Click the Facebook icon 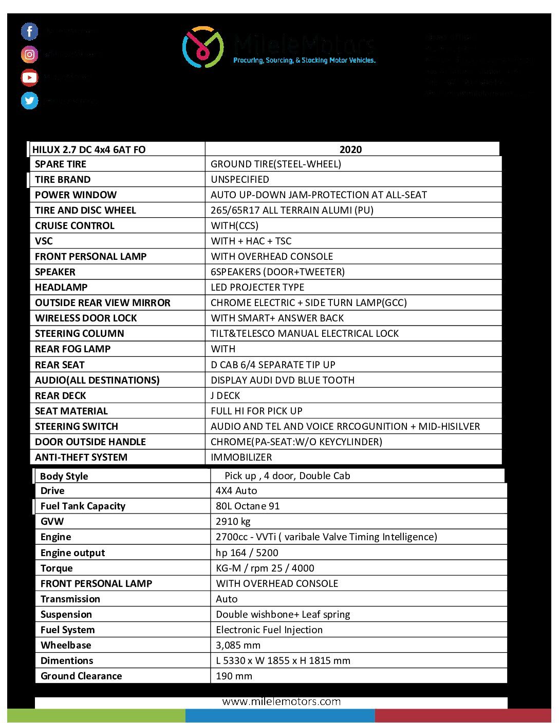coord(29,31)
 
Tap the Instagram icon coord(29,54)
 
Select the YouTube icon coord(29,78)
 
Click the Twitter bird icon coord(29,101)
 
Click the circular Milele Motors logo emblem coord(202,47)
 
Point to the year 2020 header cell coord(350,149)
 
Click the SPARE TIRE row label coord(61,164)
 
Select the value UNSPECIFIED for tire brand coord(240,180)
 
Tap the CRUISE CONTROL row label coord(74,226)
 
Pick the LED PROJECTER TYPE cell coord(257,288)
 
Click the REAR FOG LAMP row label coord(72,349)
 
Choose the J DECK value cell coord(226,396)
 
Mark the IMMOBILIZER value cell coord(241,458)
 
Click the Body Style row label coord(64,477)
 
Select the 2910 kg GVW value coord(233,522)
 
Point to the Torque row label coord(57,568)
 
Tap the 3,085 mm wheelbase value coord(238,645)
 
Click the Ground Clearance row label coord(81,676)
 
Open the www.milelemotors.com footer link coord(282,702)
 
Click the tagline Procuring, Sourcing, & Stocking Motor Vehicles coord(305,61)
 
